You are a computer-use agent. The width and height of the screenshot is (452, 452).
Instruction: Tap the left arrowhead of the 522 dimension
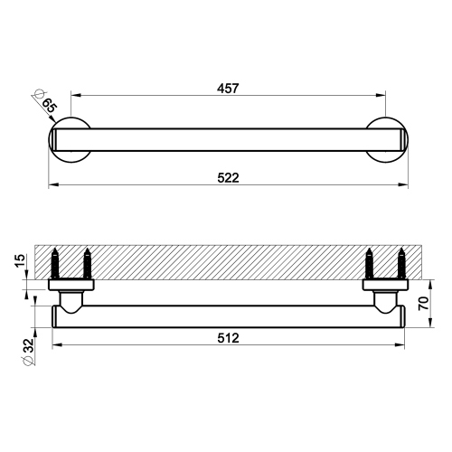51,185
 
